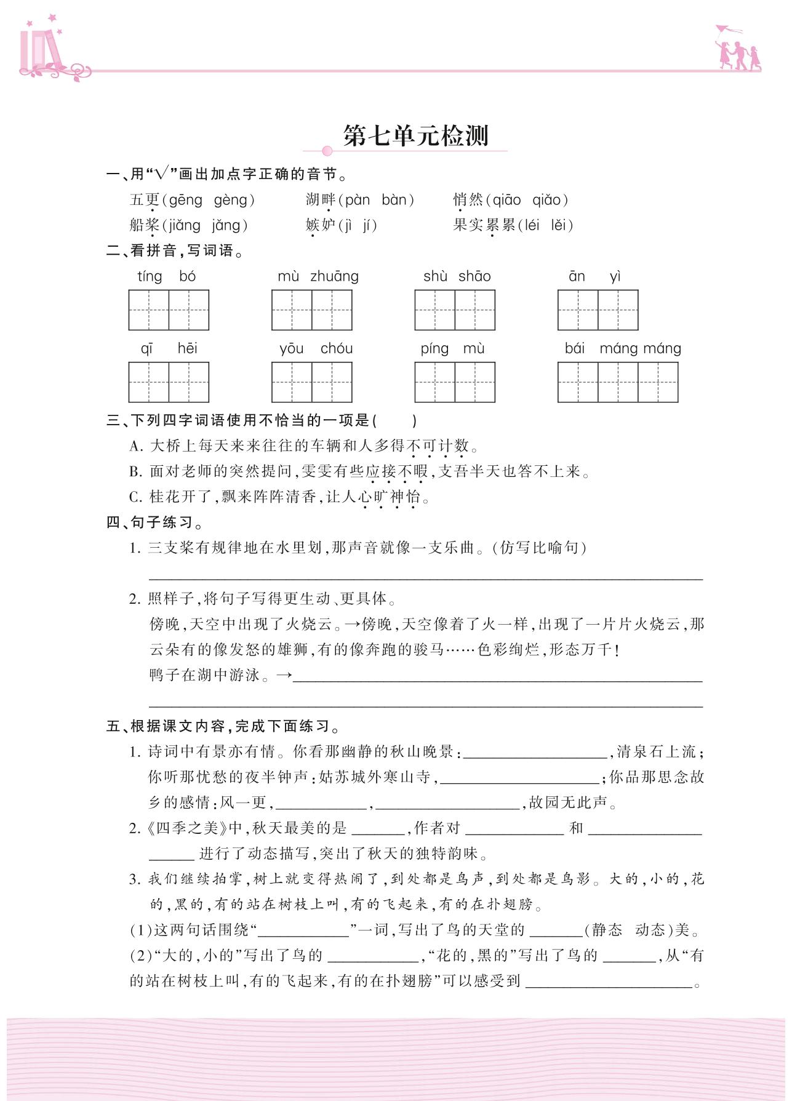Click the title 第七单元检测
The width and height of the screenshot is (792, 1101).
point(415,136)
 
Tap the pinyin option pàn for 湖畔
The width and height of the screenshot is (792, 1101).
point(358,200)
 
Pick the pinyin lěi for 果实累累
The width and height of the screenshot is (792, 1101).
point(558,225)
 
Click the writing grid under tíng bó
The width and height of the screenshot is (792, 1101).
point(169,310)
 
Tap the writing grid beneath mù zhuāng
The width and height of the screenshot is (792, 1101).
point(312,310)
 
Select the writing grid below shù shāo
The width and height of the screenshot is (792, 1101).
point(455,310)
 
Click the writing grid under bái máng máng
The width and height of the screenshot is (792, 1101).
point(618,382)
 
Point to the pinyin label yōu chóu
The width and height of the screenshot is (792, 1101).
point(316,349)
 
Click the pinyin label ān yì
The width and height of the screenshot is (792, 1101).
point(595,276)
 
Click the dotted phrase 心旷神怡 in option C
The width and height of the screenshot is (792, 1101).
point(390,497)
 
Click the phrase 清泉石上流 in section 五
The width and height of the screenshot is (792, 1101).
point(656,751)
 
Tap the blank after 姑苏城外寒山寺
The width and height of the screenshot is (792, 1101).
point(519,777)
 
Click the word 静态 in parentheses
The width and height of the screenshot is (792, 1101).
point(606,930)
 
